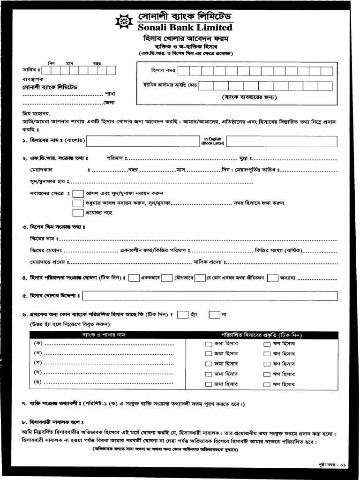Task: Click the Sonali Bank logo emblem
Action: tap(124, 22)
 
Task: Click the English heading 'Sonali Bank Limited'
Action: tap(185, 28)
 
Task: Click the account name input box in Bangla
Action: tap(143, 141)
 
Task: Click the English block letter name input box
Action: tap(282, 141)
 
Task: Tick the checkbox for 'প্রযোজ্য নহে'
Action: tap(78, 213)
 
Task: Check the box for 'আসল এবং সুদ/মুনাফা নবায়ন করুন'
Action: tap(78, 194)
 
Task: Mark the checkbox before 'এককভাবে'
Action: tap(134, 278)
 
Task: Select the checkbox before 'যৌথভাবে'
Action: tap(166, 278)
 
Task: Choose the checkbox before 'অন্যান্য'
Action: tap(272, 278)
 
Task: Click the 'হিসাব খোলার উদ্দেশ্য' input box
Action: tap(210, 296)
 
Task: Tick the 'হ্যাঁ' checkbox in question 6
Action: tap(183, 315)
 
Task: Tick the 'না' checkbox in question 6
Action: tap(214, 315)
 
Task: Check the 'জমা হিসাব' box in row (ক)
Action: tap(208, 344)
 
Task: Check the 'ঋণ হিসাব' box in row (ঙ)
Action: tap(267, 384)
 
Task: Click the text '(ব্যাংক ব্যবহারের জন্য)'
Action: tap(249, 97)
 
